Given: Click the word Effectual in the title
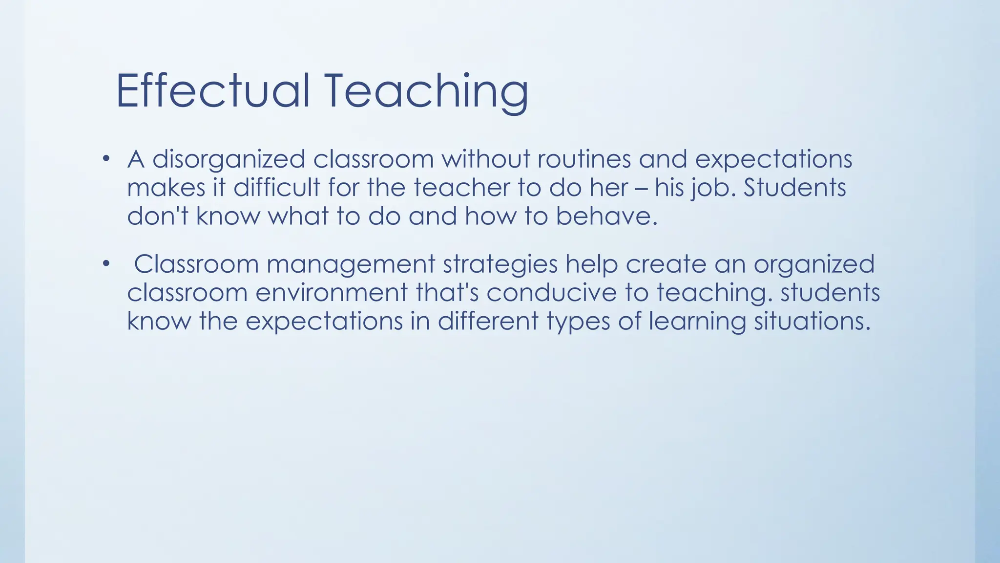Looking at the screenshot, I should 213,91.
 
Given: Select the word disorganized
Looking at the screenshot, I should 229,159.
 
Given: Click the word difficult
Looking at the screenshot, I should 276,188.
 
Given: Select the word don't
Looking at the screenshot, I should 158,216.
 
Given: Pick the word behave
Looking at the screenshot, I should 606,216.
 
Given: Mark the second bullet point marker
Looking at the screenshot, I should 106,264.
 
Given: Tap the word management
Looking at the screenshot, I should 351,264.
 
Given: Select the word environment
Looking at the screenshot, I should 331,293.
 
